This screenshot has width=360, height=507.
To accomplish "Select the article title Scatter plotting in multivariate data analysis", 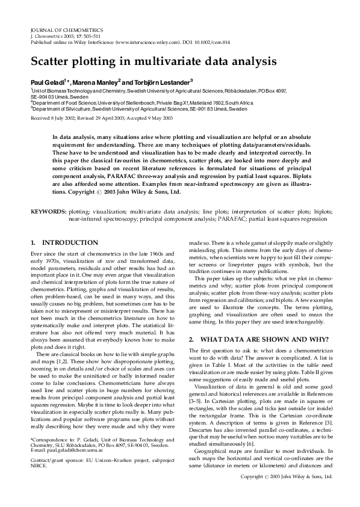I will click(x=154, y=61).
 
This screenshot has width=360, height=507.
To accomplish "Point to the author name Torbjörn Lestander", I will click(x=158, y=81).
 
